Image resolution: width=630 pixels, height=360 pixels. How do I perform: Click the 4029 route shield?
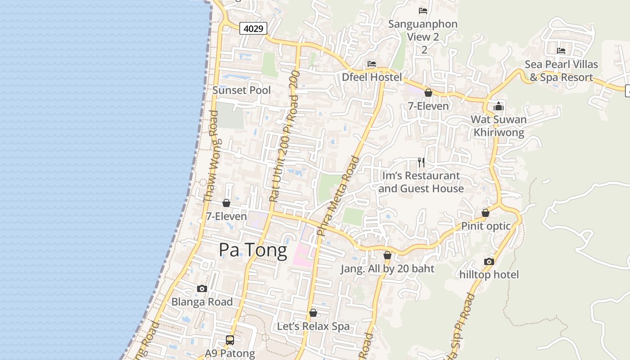coord(253,28)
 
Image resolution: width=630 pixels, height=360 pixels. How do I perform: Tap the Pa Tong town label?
coord(253,250)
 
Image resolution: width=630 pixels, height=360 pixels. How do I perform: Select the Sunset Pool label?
coord(242,90)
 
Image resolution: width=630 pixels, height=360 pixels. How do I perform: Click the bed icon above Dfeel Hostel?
coord(372,64)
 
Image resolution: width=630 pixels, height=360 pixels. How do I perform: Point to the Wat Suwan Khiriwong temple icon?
coord(499,107)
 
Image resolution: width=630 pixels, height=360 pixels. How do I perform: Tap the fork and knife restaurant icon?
coord(421,162)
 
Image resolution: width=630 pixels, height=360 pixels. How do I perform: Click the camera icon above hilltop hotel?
coord(489,261)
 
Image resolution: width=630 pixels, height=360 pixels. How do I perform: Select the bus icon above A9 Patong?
coord(230,340)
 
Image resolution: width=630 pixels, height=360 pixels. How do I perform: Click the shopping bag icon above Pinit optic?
coord(486,213)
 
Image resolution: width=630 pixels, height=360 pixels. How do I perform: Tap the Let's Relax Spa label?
coord(313,326)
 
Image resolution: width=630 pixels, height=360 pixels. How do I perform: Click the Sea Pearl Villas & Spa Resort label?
coord(561,71)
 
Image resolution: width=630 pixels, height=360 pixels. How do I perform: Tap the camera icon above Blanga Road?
coord(202,288)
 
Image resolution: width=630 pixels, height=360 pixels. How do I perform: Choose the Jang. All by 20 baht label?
coord(387,269)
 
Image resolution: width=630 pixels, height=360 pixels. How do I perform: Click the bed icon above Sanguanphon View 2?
coord(423,10)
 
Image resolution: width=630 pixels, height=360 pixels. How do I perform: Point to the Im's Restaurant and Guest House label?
coord(421,182)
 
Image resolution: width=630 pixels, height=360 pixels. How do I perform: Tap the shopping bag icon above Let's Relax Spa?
coord(313,313)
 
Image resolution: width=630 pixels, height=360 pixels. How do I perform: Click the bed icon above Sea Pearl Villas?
coord(561,50)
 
